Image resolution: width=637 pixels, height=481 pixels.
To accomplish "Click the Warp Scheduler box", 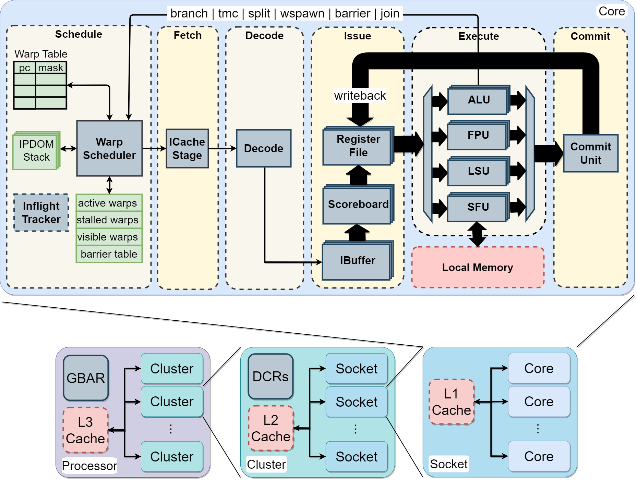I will pos(109,148).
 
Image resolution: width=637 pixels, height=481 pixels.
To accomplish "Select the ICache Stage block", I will pos(187,148).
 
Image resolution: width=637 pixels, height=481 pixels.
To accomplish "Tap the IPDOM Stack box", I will pos(36,151).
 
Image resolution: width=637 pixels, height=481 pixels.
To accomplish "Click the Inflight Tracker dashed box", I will pos(41,212).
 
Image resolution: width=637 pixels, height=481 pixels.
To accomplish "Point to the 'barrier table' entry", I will pos(109,254).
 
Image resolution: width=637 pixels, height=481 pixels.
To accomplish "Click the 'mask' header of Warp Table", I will pos(51,68).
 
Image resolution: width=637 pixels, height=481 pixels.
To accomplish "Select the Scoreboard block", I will pos(358,205).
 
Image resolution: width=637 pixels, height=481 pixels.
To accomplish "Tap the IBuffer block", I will pos(357,261).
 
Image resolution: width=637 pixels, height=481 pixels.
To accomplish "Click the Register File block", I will pos(358,146).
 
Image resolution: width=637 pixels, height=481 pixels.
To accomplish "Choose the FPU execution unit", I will pos(478,135).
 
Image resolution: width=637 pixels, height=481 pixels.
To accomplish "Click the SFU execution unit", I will pos(478,207).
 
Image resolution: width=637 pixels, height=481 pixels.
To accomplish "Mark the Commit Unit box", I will pos(590,153).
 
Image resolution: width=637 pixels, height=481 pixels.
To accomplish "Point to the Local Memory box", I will pos(478,267).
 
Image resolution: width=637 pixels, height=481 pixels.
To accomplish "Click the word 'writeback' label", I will pos(360,96).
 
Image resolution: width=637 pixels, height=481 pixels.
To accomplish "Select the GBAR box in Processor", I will pos(86,378).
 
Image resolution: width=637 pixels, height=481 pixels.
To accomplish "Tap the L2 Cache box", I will pos(271,428).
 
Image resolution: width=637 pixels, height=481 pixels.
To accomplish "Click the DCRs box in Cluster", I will pos(271,377).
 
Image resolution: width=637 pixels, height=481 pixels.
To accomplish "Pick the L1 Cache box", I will pos(452,402).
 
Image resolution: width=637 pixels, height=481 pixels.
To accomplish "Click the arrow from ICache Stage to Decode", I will pos(222,148).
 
